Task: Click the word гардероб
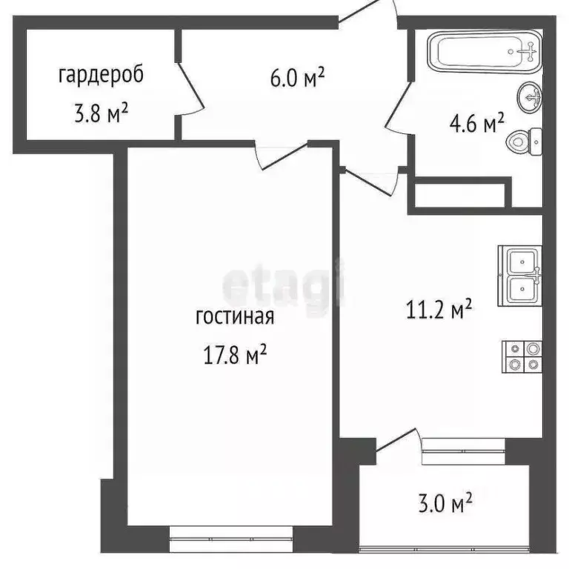coord(99,75)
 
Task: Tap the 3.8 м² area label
coord(98,113)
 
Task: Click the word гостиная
coord(235,318)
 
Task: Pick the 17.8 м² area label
coord(235,356)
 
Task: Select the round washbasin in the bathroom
coord(530,96)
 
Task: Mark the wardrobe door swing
coord(192,89)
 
